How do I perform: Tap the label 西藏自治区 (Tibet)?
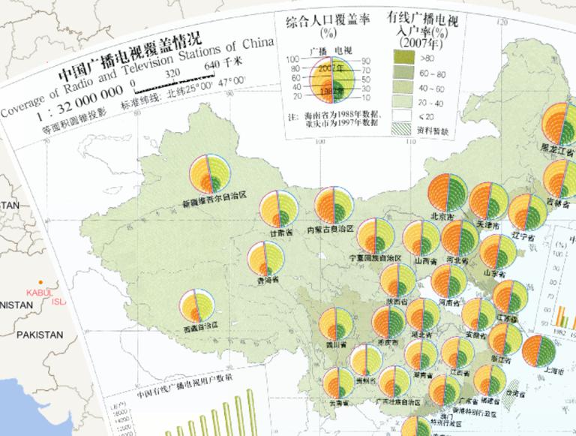[200, 326]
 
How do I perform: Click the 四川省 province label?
[334, 346]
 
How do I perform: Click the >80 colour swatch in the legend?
[405, 56]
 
